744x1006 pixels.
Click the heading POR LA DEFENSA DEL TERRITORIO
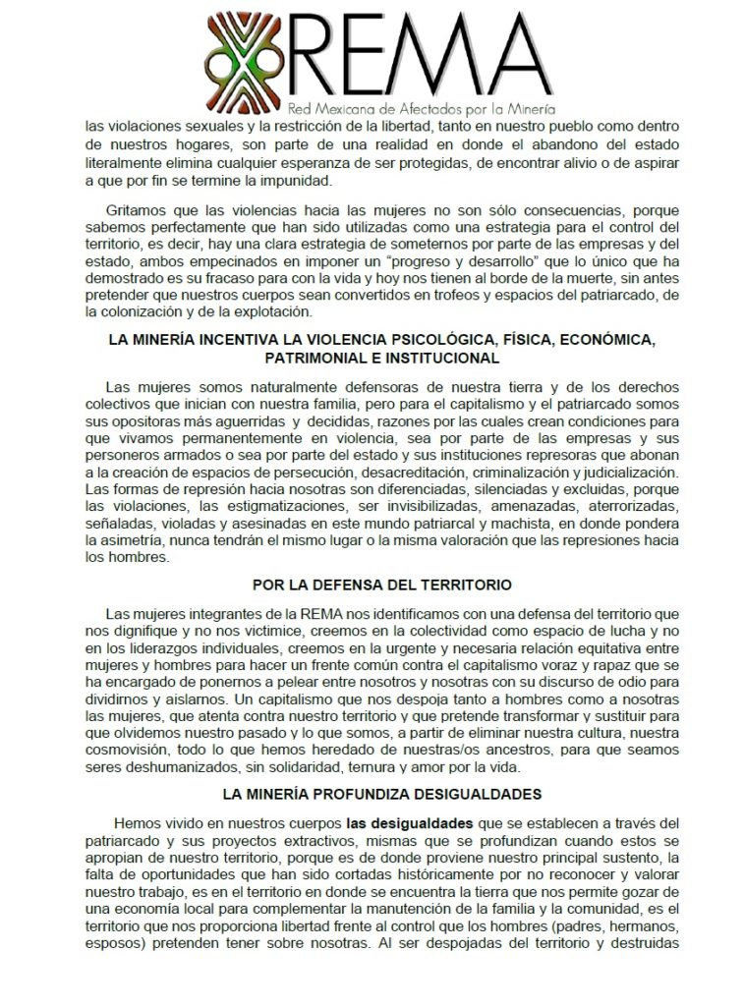point(381,585)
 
